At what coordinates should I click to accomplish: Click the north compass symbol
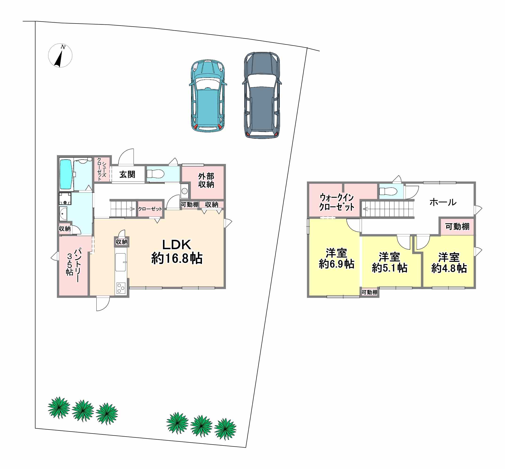point(60,55)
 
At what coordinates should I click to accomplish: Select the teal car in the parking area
point(208,96)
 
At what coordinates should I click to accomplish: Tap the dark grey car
point(262,95)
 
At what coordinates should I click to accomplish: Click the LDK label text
point(177,245)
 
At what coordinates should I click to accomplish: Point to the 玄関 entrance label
point(127,174)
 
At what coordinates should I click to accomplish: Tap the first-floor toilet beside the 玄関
point(155,174)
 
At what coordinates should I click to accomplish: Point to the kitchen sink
point(121,262)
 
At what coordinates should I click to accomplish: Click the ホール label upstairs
point(443,202)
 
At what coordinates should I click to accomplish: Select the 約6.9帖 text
point(336,264)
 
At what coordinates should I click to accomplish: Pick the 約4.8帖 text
point(449,268)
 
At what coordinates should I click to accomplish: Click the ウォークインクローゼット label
point(336,202)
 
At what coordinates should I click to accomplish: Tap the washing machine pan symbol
point(65,199)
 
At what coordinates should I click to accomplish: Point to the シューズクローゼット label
point(102,169)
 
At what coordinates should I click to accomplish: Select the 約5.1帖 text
point(390,268)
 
